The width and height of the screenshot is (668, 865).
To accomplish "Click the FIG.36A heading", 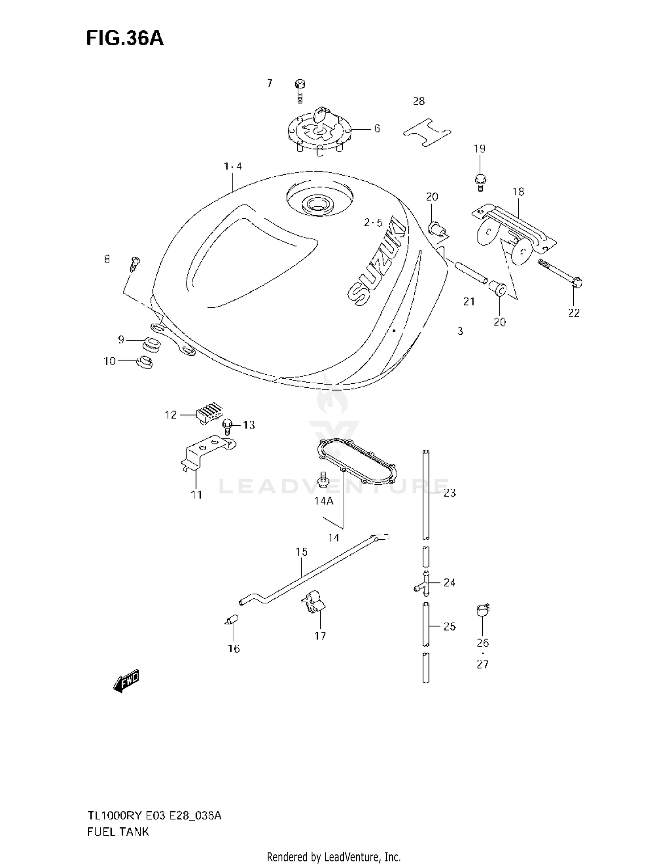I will click(125, 39).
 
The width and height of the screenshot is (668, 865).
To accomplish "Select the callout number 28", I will click(419, 101).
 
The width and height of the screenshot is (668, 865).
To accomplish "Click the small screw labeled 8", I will click(134, 264).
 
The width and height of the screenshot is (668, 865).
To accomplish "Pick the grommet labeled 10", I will click(144, 362).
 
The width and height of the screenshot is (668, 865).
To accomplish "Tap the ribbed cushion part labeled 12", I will click(208, 412).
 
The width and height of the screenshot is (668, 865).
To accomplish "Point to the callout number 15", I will click(301, 552).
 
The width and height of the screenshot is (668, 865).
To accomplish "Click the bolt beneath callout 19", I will click(480, 182).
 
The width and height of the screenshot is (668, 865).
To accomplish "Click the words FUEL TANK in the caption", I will click(118, 832).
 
